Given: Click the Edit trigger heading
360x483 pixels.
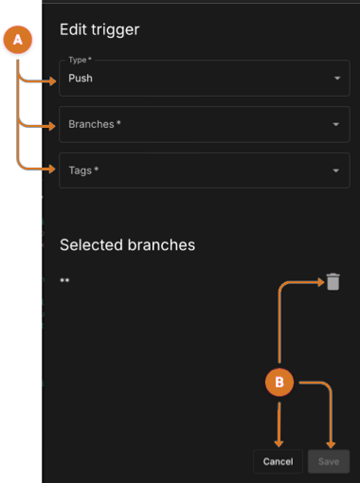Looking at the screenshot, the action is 99,29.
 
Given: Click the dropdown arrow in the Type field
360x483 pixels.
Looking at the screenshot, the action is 336,79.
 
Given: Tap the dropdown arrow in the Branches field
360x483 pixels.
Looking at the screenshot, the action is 336,124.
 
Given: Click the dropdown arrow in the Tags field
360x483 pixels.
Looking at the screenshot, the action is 336,170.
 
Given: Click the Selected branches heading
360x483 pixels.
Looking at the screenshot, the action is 127,244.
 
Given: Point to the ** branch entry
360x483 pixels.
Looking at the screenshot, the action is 64,282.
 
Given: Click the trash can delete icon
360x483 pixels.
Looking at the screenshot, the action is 333,281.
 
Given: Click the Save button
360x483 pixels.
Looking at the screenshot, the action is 329,461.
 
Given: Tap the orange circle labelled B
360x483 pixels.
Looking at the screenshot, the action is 279,383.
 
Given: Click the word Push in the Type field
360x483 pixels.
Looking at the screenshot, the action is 81,79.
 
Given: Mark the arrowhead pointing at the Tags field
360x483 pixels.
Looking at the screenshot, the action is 53,170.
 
